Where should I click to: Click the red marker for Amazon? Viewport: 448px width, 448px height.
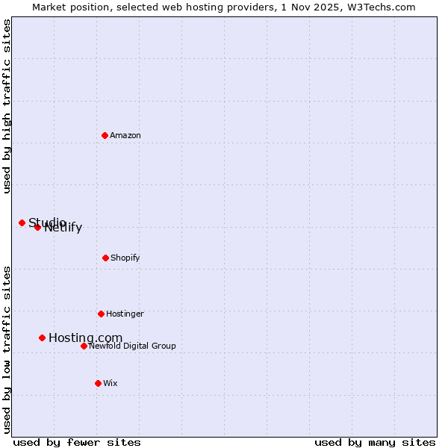pyautogui.click(x=105, y=135)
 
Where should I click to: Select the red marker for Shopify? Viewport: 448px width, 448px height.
pyautogui.click(x=105, y=258)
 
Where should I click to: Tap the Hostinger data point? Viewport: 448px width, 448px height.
pyautogui.click(x=101, y=314)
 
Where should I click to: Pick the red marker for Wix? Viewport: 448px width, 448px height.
pyautogui.click(x=98, y=383)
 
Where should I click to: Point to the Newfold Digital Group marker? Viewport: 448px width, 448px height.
pyautogui.click(x=84, y=346)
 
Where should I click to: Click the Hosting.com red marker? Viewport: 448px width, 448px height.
pyautogui.click(x=43, y=337)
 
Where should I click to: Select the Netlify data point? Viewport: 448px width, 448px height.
pyautogui.click(x=37, y=227)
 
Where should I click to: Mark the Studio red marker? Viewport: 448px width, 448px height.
pyautogui.click(x=22, y=223)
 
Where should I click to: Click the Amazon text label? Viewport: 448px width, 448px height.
pyautogui.click(x=125, y=135)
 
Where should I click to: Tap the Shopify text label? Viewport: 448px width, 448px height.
pyautogui.click(x=125, y=258)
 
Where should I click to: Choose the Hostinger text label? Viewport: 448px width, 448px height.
pyautogui.click(x=125, y=314)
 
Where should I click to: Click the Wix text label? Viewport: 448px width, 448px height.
pyautogui.click(x=111, y=383)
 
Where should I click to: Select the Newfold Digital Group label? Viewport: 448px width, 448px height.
pyautogui.click(x=132, y=346)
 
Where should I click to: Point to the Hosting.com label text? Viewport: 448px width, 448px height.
pyautogui.click(x=85, y=338)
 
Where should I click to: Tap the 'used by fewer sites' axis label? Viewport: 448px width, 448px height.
pyautogui.click(x=77, y=442)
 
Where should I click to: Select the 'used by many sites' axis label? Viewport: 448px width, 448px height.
pyautogui.click(x=375, y=442)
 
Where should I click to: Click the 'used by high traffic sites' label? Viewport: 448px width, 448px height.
pyautogui.click(x=7, y=107)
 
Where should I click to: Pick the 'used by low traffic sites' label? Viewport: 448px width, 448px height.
pyautogui.click(x=7, y=349)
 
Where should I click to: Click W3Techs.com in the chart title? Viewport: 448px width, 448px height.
pyautogui.click(x=380, y=7)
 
